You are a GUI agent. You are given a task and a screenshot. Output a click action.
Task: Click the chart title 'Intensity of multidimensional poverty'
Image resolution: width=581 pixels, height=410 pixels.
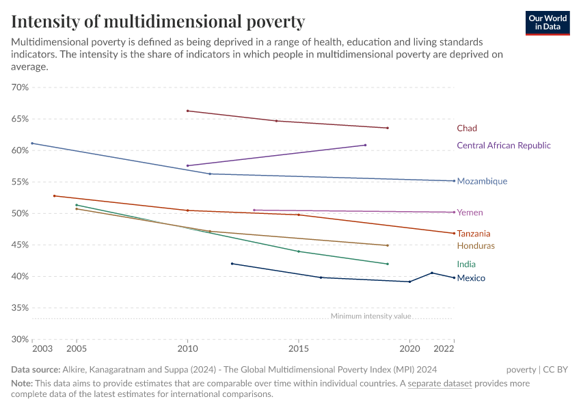point(158,21)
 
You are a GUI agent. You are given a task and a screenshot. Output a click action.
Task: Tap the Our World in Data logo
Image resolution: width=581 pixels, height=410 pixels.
point(548,23)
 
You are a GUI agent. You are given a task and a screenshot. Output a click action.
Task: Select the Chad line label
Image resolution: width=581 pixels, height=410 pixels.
point(467,128)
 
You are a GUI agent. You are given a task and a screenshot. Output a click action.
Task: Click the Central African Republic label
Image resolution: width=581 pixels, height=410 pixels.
point(503,146)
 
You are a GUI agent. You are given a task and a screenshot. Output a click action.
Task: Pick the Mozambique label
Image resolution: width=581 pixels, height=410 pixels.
point(482,182)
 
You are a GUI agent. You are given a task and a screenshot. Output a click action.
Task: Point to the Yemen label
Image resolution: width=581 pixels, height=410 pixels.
point(470,213)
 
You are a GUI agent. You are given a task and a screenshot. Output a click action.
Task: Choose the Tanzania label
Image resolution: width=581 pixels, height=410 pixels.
point(474,234)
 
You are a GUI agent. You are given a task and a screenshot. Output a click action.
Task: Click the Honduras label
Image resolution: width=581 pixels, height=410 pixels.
point(476,246)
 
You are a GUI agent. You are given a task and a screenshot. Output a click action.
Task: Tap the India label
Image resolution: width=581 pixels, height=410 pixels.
point(466,264)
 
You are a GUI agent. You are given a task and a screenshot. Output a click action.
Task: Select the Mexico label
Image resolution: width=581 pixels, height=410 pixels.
point(471,278)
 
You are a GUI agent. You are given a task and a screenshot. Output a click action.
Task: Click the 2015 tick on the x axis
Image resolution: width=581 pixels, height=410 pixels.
point(298,349)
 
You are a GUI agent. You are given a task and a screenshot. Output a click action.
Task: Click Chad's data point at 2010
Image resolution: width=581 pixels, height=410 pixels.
point(187,111)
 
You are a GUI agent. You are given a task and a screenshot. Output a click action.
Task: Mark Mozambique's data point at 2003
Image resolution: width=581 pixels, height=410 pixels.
point(32,143)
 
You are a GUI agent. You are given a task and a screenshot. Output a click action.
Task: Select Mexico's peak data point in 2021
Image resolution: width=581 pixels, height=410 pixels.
point(432,273)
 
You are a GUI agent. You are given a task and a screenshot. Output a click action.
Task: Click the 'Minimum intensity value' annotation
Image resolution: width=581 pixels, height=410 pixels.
point(370,316)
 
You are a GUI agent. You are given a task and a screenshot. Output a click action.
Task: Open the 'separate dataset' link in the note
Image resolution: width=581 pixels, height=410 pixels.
point(440,383)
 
